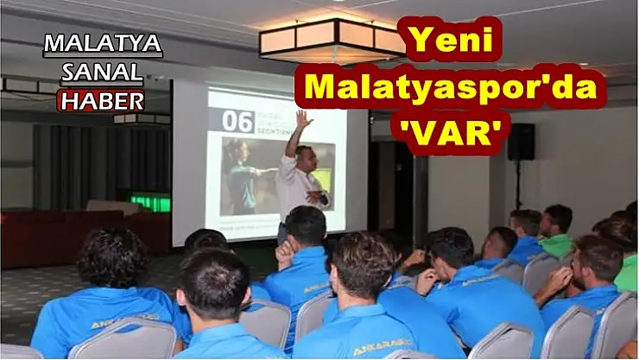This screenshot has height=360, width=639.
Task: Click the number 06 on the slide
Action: pyautogui.click(x=237, y=122)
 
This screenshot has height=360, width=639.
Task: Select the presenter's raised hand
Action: pyautogui.click(x=303, y=118)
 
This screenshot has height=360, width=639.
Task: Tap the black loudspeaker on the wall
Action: pyautogui.click(x=521, y=142)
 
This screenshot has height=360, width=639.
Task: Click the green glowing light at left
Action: pyautogui.click(x=150, y=204)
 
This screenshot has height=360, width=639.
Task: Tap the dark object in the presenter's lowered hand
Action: pyautogui.click(x=324, y=199)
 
